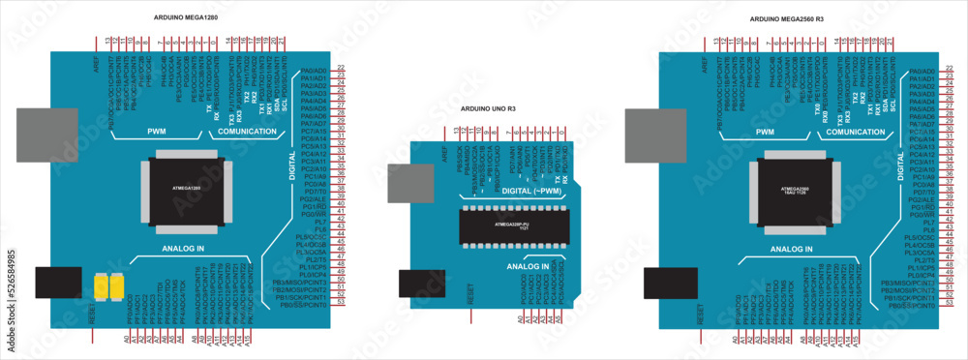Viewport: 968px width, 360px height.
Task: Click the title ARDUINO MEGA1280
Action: coord(187,18)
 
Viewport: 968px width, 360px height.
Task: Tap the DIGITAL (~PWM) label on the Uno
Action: coord(531,192)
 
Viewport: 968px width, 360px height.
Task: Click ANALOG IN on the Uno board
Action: coord(529,265)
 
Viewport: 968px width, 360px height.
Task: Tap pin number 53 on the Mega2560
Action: coord(950,303)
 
